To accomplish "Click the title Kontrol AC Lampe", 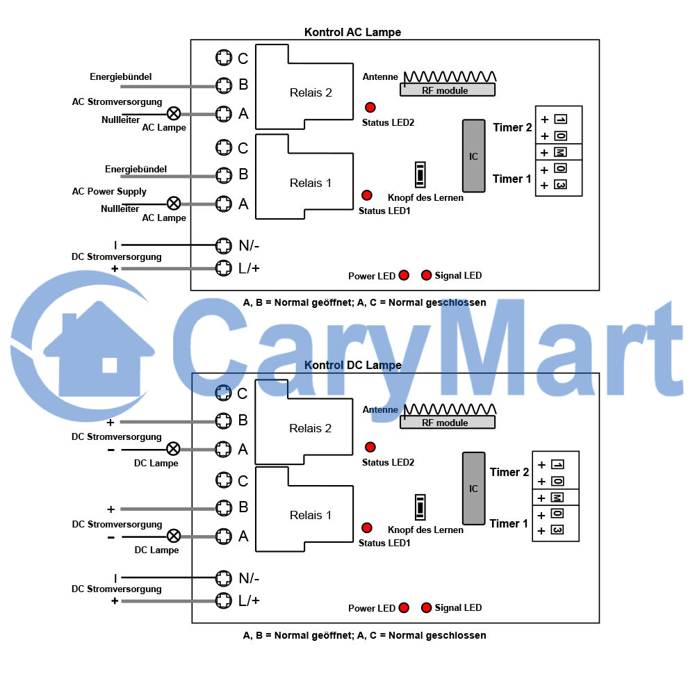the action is click(352, 32).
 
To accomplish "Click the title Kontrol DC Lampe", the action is click(353, 365).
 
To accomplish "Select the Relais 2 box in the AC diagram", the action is click(304, 87).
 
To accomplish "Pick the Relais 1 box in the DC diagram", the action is click(304, 509).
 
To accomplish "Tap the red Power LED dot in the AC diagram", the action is click(404, 275).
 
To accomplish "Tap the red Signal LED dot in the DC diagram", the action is click(427, 607).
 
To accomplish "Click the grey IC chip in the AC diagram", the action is click(473, 156).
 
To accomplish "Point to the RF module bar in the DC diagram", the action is click(447, 423).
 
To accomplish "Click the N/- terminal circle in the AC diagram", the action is click(223, 245).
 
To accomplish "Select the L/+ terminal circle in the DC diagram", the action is click(223, 600).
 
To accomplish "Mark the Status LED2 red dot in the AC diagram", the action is click(370, 107).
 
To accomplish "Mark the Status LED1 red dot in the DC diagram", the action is click(366, 528).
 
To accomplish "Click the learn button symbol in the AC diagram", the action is click(420, 174).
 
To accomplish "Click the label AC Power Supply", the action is click(109, 192).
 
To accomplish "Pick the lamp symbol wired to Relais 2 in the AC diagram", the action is click(174, 113).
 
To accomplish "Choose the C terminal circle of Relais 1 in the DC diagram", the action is click(223, 480).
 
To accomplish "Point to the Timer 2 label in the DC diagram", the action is click(509, 472).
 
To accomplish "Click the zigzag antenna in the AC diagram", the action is click(450, 76).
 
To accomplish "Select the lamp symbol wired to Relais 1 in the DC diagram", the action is click(174, 537).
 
